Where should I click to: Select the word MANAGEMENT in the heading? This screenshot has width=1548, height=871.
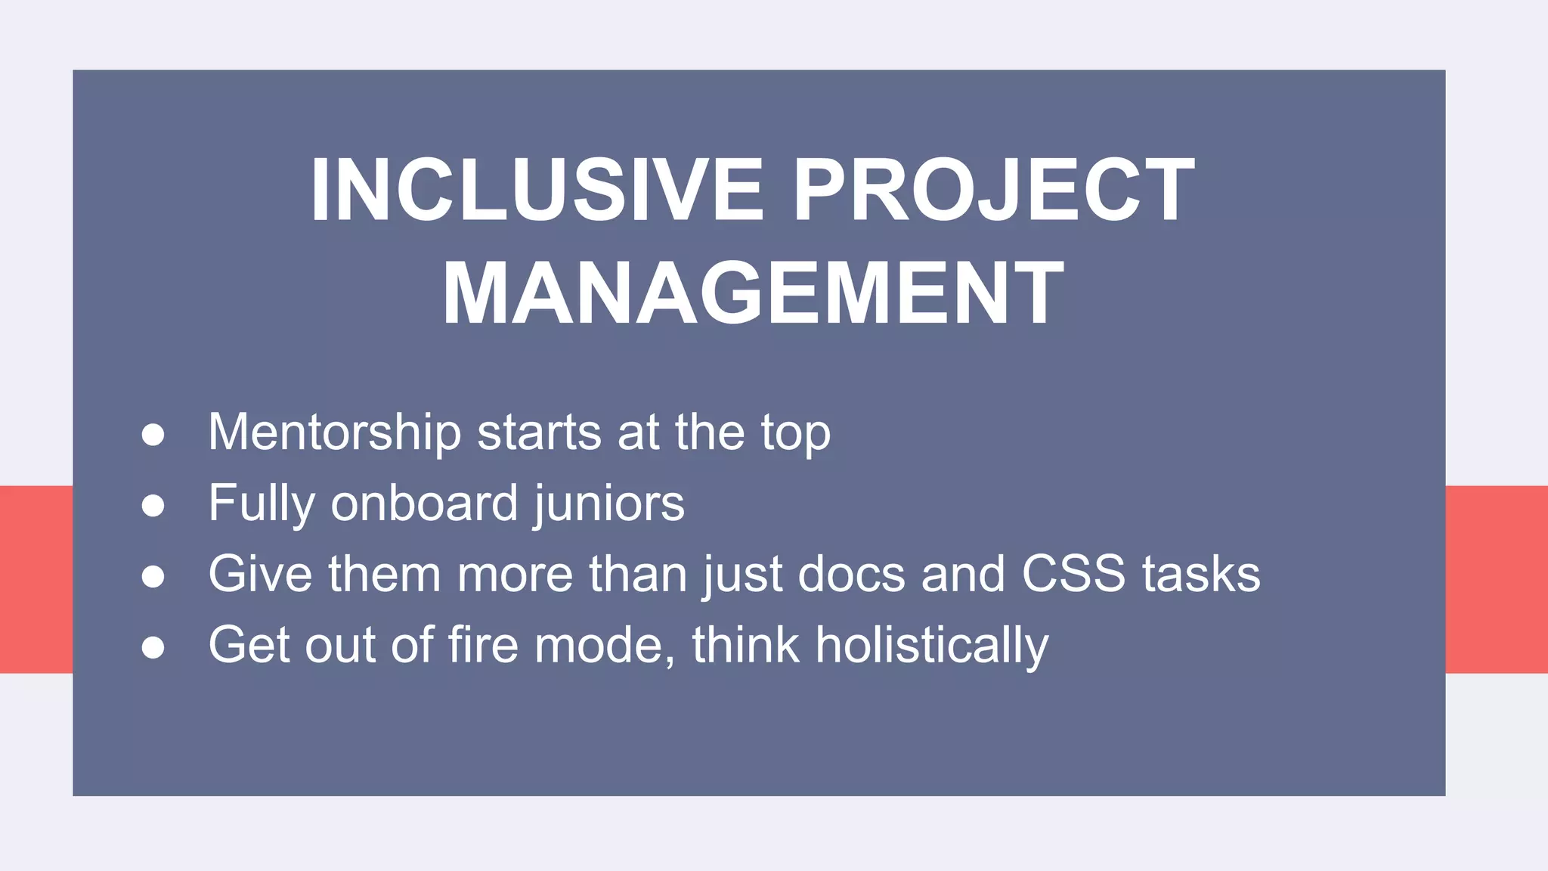(x=753, y=293)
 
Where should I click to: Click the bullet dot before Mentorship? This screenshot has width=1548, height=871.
(x=153, y=435)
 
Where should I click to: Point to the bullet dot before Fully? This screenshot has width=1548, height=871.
(x=153, y=505)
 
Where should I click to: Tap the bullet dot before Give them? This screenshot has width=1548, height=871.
(x=153, y=576)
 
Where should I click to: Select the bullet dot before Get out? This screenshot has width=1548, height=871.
(x=153, y=646)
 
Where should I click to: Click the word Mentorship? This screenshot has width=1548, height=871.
(x=334, y=432)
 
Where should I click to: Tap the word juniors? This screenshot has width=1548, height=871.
(x=609, y=504)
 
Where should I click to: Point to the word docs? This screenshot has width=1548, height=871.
(x=851, y=574)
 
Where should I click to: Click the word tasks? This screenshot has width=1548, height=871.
(x=1201, y=574)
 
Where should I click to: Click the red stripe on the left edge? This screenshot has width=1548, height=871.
(x=36, y=579)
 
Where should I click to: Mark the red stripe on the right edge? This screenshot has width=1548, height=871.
(x=1497, y=579)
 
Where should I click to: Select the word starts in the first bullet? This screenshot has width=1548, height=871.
(x=539, y=432)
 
